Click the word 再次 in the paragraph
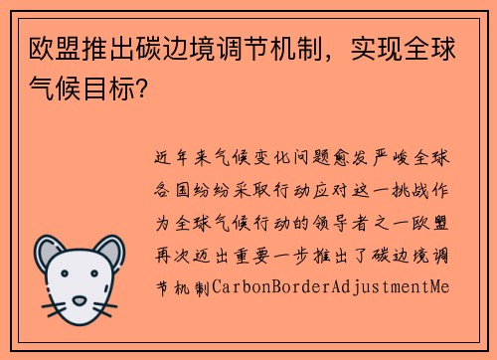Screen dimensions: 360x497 tap(168, 256)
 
